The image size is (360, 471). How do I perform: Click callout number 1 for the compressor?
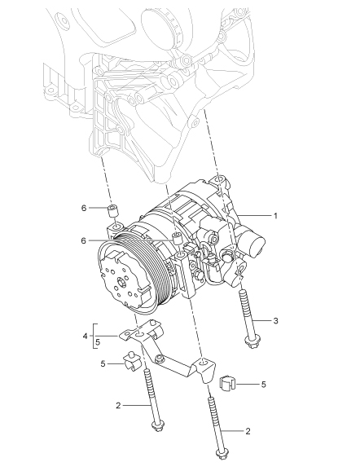275,216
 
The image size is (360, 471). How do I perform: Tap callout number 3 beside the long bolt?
275,321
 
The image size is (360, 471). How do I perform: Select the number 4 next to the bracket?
85,336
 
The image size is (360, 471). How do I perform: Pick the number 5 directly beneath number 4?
98,342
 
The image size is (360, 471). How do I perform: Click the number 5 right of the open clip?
263,385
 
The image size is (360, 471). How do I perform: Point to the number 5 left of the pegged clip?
103,364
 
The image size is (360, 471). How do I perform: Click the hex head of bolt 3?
251,342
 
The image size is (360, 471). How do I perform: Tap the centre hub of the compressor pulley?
121,283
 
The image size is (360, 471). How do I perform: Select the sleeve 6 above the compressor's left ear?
113,211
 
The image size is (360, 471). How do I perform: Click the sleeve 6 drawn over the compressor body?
177,238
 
